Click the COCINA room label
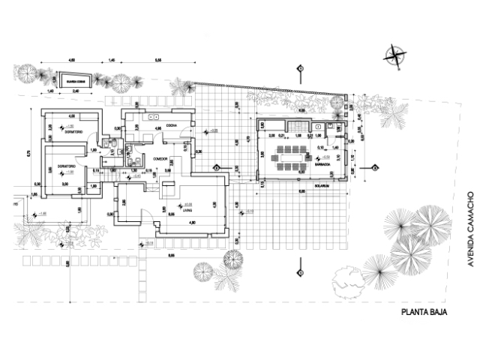point(171,124)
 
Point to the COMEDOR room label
point(158,159)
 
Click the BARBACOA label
point(324,166)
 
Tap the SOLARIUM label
point(323,179)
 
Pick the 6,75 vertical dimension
point(28,153)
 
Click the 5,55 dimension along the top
point(158,58)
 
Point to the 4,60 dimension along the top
point(72,58)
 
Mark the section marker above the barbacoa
point(300,68)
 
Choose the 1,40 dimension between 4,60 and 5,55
point(111,58)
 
